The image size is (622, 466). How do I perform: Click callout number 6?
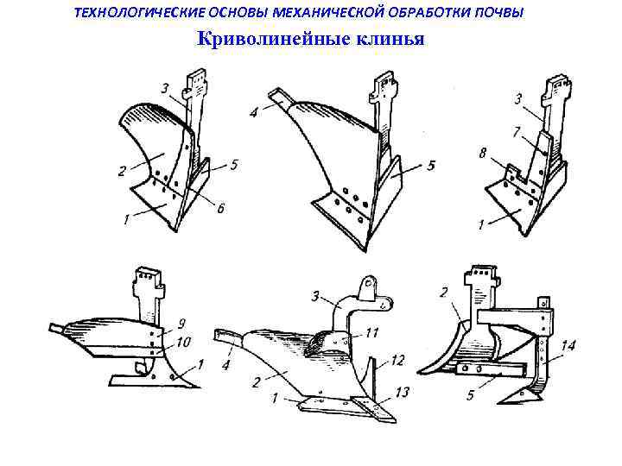221,209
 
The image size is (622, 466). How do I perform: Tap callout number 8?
482,152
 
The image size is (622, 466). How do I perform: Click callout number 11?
372,331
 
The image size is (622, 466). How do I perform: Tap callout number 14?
567,347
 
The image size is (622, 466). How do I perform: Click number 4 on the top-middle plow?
253,112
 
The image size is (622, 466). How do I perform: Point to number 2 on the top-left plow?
123,172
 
